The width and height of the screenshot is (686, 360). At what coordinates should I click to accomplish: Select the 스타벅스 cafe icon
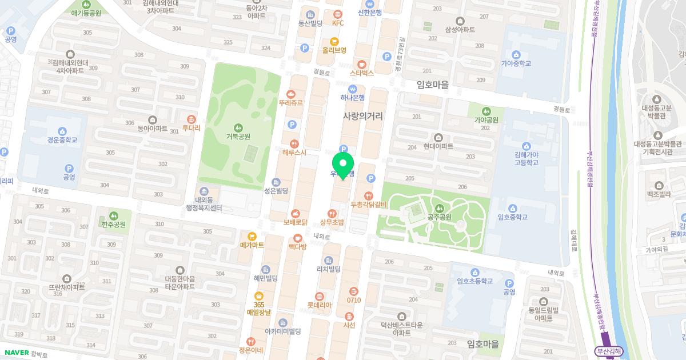click(361, 64)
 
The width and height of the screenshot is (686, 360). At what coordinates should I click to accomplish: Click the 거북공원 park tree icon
click(238, 127)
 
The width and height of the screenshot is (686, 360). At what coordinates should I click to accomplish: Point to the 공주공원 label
click(439, 217)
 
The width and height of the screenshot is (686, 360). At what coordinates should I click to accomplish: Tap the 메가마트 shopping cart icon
click(252, 236)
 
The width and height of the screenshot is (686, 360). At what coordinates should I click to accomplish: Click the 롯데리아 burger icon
click(319, 297)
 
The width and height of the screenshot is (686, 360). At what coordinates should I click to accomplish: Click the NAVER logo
click(16, 353)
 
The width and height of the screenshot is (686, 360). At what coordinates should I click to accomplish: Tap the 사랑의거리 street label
click(362, 116)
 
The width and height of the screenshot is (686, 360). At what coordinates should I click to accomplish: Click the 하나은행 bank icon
click(353, 89)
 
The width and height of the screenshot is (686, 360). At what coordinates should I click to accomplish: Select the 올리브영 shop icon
click(334, 41)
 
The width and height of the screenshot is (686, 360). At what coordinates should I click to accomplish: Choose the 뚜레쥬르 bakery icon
click(291, 94)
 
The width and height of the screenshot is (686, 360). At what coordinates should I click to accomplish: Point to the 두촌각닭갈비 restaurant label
click(369, 205)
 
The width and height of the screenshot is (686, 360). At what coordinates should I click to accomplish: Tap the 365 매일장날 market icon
click(258, 295)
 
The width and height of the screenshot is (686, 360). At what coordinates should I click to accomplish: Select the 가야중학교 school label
click(516, 63)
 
